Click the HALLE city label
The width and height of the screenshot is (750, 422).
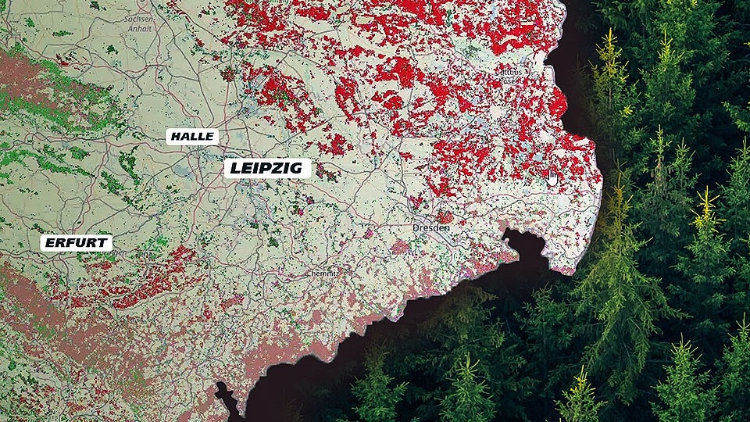[192, 136]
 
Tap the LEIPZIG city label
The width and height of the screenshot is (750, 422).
[267, 168]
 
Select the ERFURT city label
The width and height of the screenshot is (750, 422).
[76, 243]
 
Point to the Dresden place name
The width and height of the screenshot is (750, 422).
[430, 227]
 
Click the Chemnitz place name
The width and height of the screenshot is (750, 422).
[321, 274]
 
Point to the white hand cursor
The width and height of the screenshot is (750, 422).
[552, 178]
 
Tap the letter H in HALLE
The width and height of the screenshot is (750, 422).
[176, 136]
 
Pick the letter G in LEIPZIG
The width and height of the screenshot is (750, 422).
[301, 168]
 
